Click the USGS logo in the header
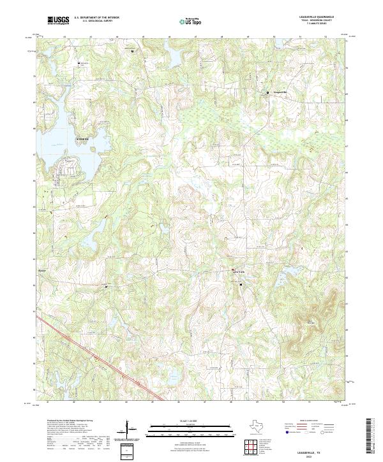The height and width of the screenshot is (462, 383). [x=58, y=20]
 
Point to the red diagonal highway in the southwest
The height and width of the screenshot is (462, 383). [x=96, y=356]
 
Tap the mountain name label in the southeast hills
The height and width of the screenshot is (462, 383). [x=311, y=322]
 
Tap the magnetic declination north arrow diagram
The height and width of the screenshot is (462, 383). [x=129, y=430]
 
